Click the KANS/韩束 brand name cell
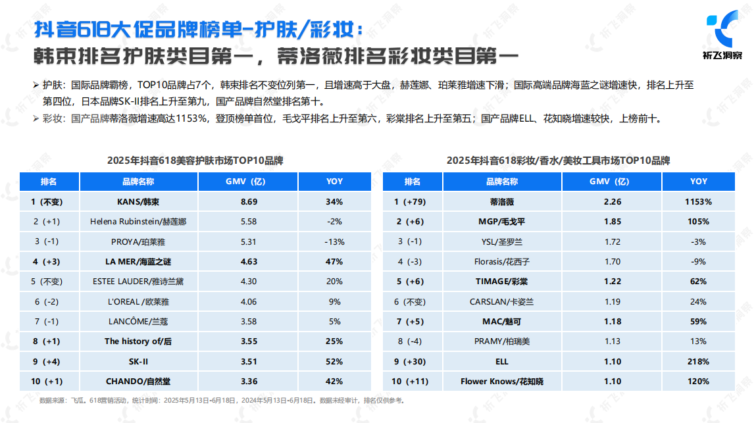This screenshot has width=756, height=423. (138, 201)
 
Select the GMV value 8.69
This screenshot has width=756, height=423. (248, 201)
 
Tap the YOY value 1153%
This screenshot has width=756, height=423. (698, 201)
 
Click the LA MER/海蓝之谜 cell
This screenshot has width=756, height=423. (138, 261)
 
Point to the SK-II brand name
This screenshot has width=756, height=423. (138, 361)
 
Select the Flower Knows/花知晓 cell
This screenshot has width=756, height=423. (501, 381)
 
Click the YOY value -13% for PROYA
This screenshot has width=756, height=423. (334, 241)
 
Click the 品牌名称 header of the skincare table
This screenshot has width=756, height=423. (138, 182)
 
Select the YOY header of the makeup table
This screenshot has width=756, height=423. (698, 182)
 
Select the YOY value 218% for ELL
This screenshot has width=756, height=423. (698, 361)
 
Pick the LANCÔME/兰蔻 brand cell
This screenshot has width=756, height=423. (138, 321)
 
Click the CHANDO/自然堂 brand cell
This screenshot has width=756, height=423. (138, 381)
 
